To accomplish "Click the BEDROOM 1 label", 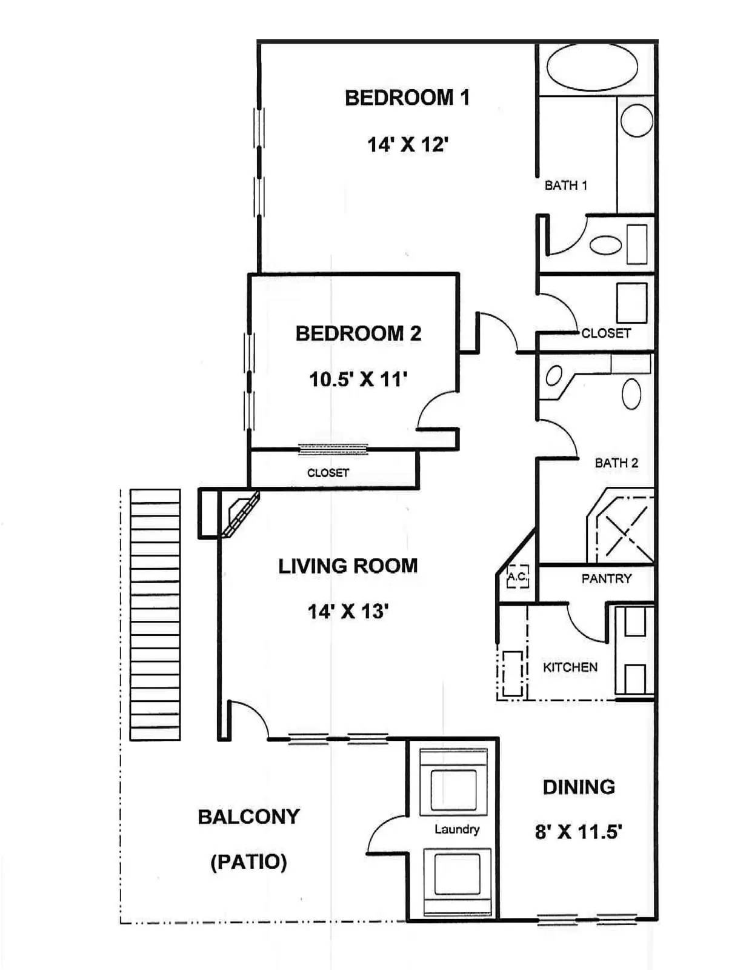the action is tap(407, 98).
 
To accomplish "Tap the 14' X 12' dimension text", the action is tap(407, 145).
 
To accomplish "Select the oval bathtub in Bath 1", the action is tap(592, 69).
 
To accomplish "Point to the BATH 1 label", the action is tap(565, 186).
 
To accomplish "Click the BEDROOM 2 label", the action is tap(358, 333).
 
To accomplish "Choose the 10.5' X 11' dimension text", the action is tap(358, 380).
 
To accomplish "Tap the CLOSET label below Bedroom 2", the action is tap(328, 473).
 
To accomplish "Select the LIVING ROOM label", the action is tap(348, 566).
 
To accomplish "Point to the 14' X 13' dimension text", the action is tap(346, 612).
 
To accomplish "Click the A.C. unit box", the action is tap(518, 577).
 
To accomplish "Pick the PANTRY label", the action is tap(606, 579).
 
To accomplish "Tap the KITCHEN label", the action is tap(570, 667).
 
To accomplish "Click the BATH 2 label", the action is tap(616, 463).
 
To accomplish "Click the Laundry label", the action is tap(457, 829).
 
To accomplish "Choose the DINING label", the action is tap(579, 787).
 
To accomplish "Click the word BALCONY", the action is tap(248, 817).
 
